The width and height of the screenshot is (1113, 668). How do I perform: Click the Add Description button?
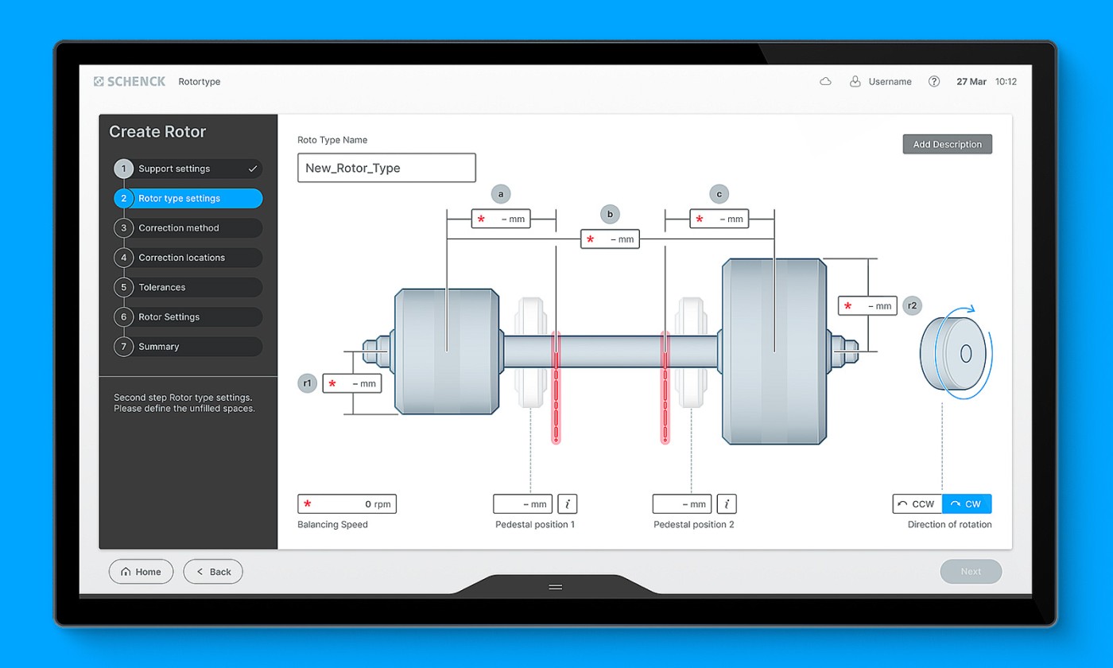point(947,144)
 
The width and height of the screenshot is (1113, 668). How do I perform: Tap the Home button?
point(142,572)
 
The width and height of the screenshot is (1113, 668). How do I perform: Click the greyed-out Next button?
point(971,572)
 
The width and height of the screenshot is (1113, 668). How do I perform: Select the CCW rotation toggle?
point(917,504)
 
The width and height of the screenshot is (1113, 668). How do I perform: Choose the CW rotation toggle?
point(967,504)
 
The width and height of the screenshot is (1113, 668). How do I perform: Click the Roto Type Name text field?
point(386,168)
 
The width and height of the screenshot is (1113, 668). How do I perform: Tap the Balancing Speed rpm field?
point(347,504)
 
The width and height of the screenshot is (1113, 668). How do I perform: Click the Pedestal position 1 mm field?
point(523,504)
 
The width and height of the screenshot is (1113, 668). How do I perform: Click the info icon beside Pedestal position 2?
point(727,504)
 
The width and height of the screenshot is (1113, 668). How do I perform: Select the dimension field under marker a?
point(501,219)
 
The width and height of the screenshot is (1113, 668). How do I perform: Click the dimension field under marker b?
point(611,239)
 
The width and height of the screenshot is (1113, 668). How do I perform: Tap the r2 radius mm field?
point(867,305)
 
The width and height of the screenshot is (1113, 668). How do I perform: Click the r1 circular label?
point(307,383)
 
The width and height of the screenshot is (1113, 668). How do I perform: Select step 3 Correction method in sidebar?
point(188,227)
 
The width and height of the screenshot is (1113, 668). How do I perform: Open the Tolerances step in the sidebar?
point(188,287)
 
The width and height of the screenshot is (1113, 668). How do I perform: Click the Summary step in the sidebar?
point(188,347)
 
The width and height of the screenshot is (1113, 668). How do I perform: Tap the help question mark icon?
point(934,81)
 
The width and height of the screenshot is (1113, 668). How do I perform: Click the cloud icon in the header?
point(825,81)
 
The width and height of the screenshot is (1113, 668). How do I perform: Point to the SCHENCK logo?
point(130,81)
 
